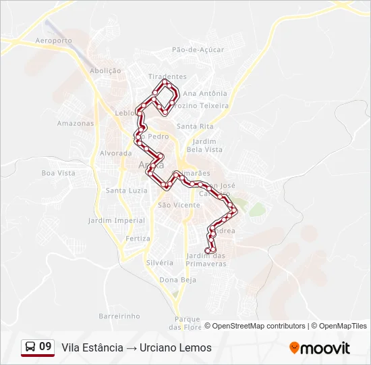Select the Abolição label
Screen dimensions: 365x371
tap(105, 70)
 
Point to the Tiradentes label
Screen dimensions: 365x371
tap(167, 77)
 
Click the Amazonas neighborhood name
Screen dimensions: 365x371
tap(76, 124)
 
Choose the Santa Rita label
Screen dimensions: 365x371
tap(195, 126)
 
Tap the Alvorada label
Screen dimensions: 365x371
tap(115, 153)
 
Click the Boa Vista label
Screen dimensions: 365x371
tap(59, 173)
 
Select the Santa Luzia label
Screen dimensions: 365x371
tap(126, 191)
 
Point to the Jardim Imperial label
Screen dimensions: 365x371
tap(117, 220)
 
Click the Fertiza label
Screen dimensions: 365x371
tap(138, 239)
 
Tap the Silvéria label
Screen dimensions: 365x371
tap(160, 262)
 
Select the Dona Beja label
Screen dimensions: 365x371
tap(177, 280)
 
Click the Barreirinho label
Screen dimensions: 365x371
tap(119, 316)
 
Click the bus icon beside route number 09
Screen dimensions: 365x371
tap(30, 347)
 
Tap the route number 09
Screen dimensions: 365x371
tap(45, 347)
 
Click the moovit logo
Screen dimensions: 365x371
tap(320, 348)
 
